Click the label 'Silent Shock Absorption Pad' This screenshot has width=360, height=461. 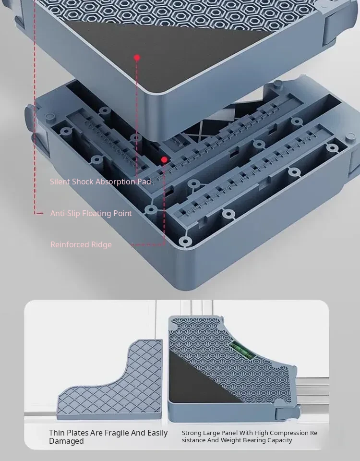100,182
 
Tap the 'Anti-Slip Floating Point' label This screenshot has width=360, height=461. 91,213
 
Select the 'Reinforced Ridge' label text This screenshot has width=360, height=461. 81,244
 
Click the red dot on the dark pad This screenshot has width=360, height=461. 137,58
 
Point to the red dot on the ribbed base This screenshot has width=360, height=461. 164,159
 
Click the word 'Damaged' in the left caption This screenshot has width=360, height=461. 66,441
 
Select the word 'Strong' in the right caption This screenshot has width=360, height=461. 192,433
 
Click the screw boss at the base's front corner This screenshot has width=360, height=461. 185,242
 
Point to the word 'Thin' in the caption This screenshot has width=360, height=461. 57,433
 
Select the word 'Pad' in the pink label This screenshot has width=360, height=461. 144,182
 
